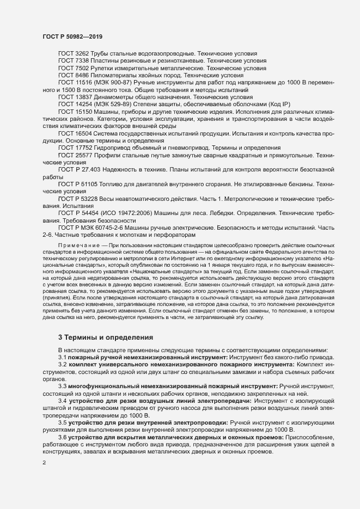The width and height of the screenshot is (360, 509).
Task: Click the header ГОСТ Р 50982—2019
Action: click(72, 36)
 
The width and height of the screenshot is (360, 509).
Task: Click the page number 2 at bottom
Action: click(44, 463)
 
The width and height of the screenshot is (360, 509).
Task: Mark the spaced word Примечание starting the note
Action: click(81, 246)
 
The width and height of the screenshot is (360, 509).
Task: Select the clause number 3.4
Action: click(63, 400)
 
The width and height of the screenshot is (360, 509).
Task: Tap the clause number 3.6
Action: click(63, 437)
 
